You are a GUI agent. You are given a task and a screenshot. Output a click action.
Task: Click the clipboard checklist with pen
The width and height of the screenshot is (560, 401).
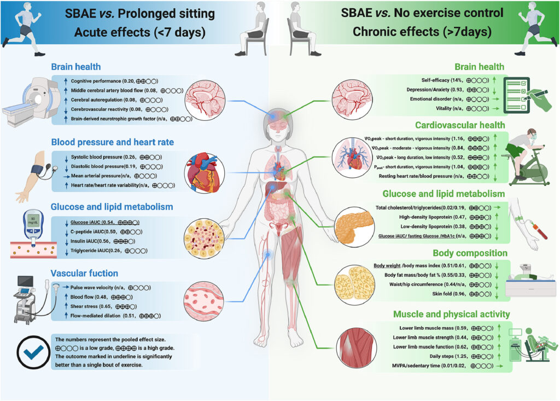click(x=527, y=91)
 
